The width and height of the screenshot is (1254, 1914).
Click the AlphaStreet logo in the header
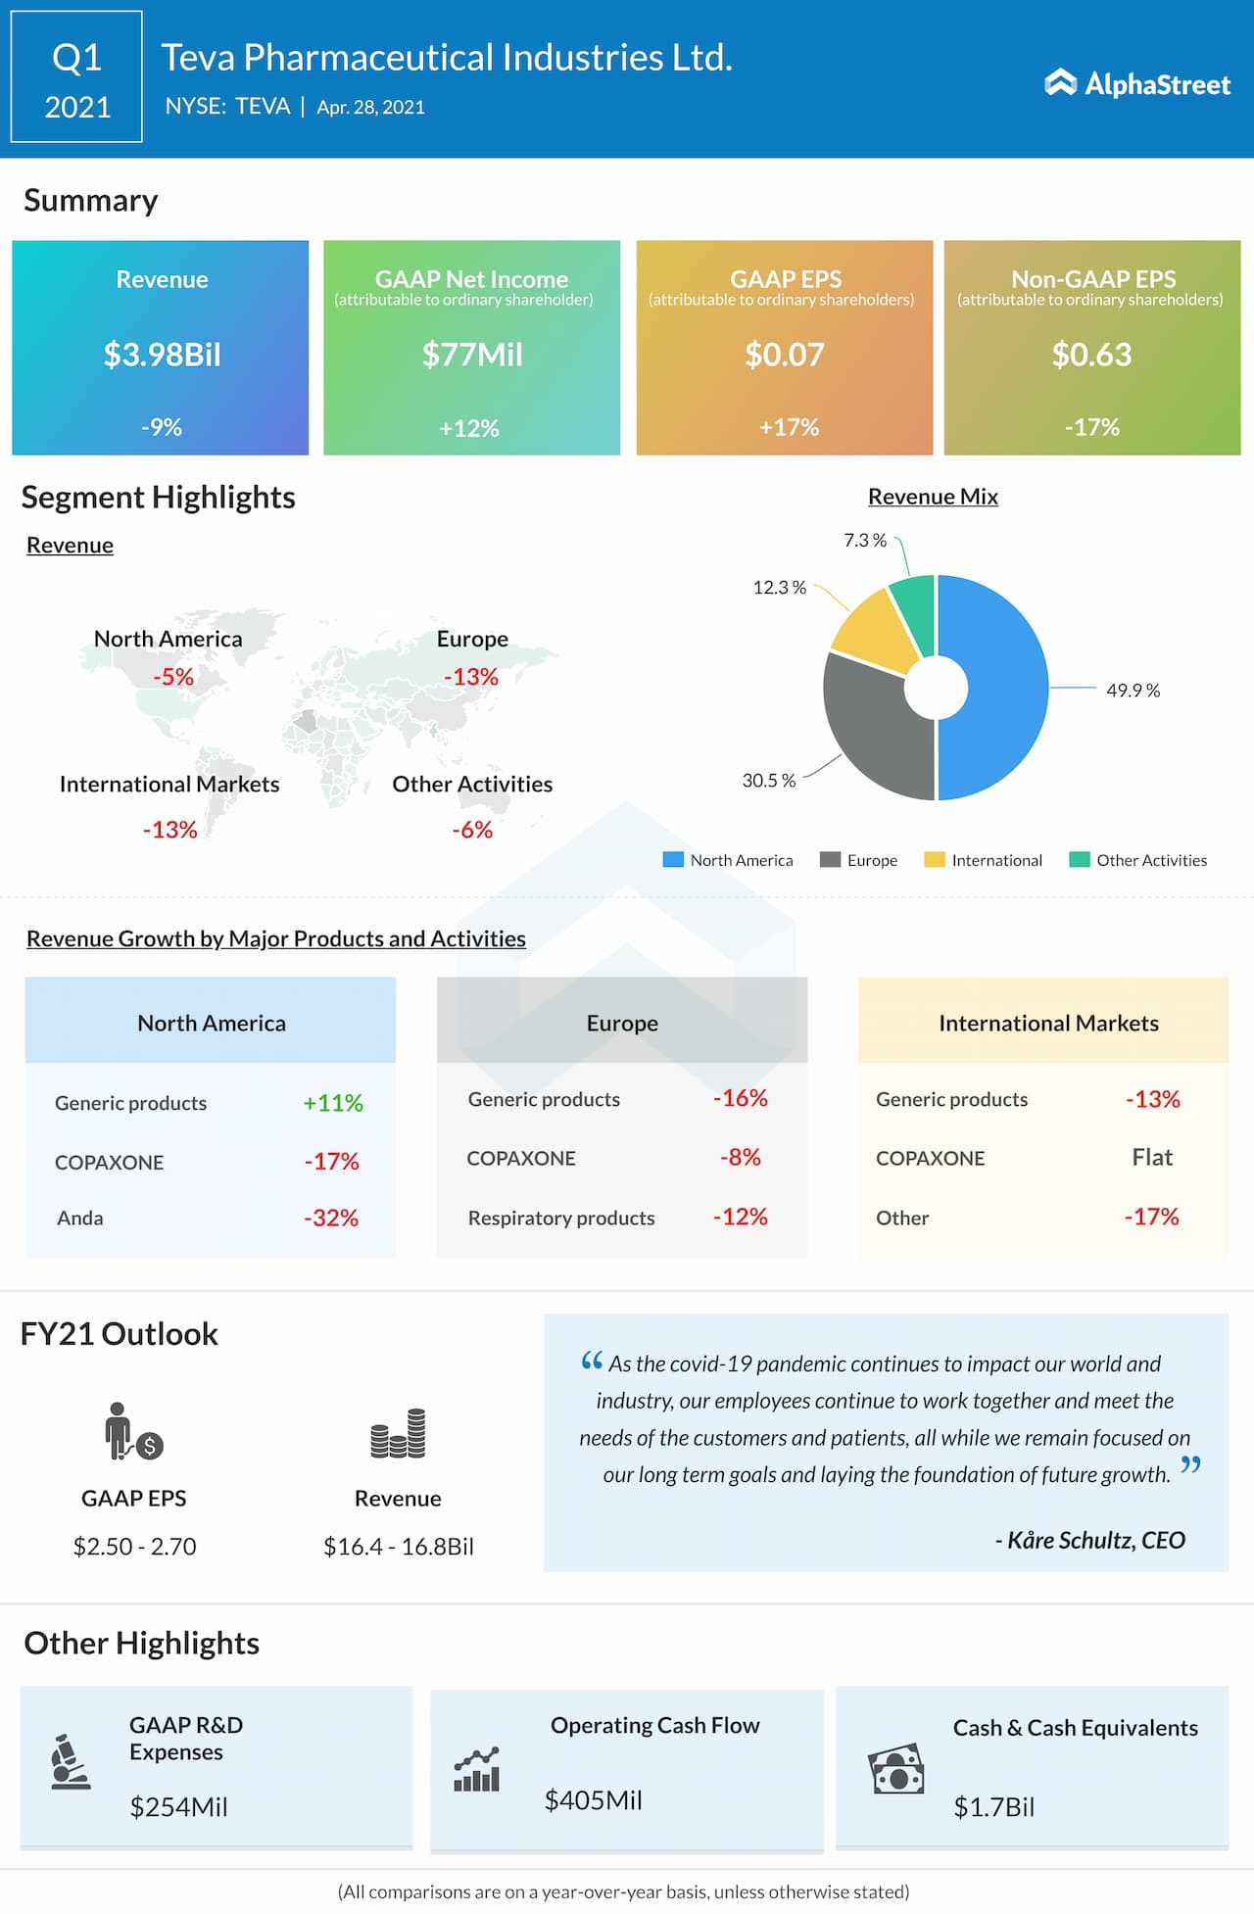(1137, 84)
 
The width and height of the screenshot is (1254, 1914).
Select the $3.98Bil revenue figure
(163, 354)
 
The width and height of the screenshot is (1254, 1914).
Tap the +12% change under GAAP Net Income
(469, 428)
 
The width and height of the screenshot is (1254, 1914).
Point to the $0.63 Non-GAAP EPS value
(1091, 354)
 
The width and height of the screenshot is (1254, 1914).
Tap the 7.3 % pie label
(865, 541)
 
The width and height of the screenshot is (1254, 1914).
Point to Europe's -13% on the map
(471, 677)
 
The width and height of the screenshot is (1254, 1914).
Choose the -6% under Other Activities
(472, 830)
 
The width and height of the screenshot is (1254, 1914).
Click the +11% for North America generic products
(333, 1103)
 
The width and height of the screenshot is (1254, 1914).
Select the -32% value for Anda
(331, 1218)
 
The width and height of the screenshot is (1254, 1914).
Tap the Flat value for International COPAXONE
(1152, 1157)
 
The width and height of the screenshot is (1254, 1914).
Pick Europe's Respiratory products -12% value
(740, 1217)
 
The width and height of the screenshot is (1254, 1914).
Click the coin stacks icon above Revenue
(398, 1434)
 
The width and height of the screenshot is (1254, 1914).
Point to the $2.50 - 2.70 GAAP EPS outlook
(135, 1546)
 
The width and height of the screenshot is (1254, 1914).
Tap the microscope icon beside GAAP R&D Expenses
(70, 1761)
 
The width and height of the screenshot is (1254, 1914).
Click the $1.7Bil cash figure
(993, 1806)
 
